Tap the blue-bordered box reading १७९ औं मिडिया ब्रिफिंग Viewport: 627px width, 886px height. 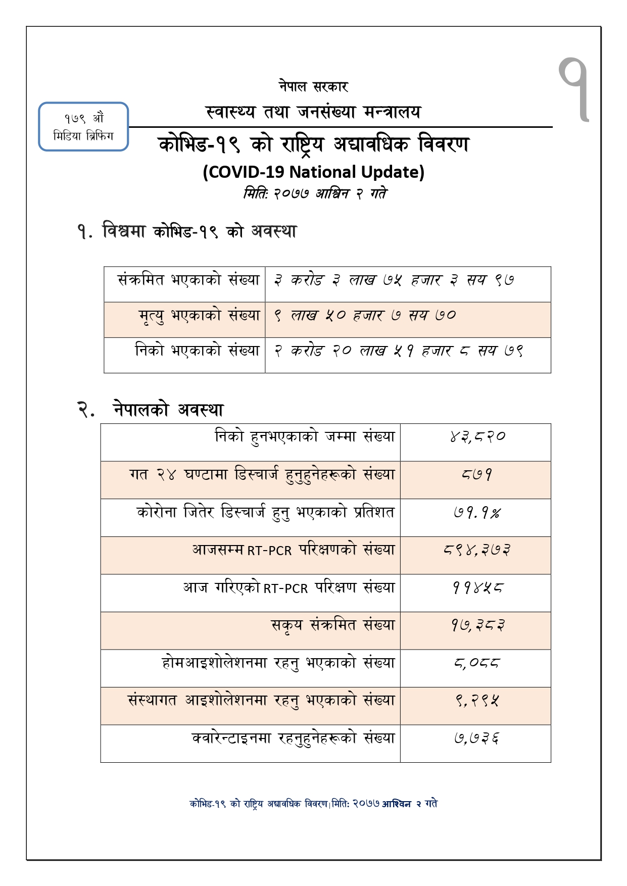point(83,127)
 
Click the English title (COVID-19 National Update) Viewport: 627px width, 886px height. point(313,172)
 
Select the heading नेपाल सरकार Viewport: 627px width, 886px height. point(313,86)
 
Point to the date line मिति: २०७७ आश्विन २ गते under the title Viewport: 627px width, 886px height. point(315,194)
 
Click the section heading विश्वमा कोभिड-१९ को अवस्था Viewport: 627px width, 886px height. point(187,232)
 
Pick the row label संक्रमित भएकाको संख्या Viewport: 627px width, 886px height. point(188,280)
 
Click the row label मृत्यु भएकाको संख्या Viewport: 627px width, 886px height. point(199,316)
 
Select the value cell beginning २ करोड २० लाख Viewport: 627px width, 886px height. point(399,351)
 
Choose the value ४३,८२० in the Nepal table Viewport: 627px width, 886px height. point(477,437)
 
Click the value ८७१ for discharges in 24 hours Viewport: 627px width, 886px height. point(476,475)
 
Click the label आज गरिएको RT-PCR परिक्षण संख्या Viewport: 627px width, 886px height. point(288,588)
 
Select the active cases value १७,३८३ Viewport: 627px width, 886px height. point(477,626)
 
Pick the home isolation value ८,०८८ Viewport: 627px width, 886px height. point(476,663)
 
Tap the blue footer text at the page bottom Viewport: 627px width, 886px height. point(313,804)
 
